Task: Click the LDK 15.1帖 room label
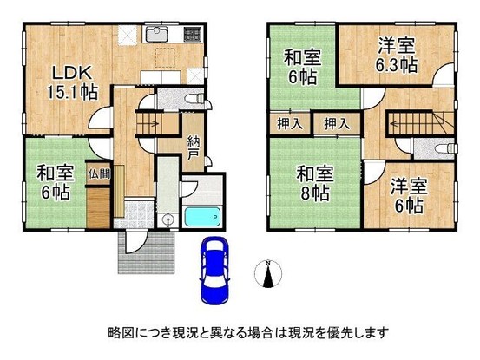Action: [72, 82]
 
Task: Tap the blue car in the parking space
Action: [214, 270]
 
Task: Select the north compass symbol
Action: [268, 274]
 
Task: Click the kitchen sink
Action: [157, 34]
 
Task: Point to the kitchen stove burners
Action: [193, 34]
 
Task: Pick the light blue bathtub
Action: [202, 217]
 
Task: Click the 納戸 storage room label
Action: [194, 148]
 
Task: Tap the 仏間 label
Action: [99, 174]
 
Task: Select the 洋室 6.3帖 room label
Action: [397, 55]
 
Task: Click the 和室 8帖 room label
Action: [315, 183]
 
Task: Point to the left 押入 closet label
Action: [290, 123]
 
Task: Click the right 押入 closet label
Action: [337, 123]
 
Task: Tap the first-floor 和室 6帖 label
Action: [56, 182]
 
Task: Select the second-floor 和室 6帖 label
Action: [302, 68]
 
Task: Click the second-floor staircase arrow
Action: [418, 124]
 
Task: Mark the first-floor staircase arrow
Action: [148, 123]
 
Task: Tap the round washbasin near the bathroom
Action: [168, 220]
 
